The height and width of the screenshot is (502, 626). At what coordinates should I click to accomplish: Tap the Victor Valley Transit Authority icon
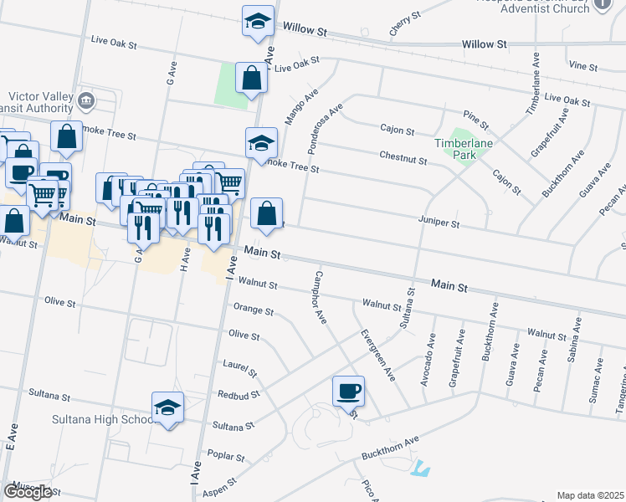click(x=85, y=102)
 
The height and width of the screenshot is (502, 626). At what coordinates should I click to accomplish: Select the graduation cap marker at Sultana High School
click(x=168, y=407)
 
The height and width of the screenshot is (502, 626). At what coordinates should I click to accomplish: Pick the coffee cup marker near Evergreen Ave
click(x=348, y=390)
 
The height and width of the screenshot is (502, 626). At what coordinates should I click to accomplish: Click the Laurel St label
click(x=239, y=366)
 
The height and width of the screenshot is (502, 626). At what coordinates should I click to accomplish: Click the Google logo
click(x=28, y=491)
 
